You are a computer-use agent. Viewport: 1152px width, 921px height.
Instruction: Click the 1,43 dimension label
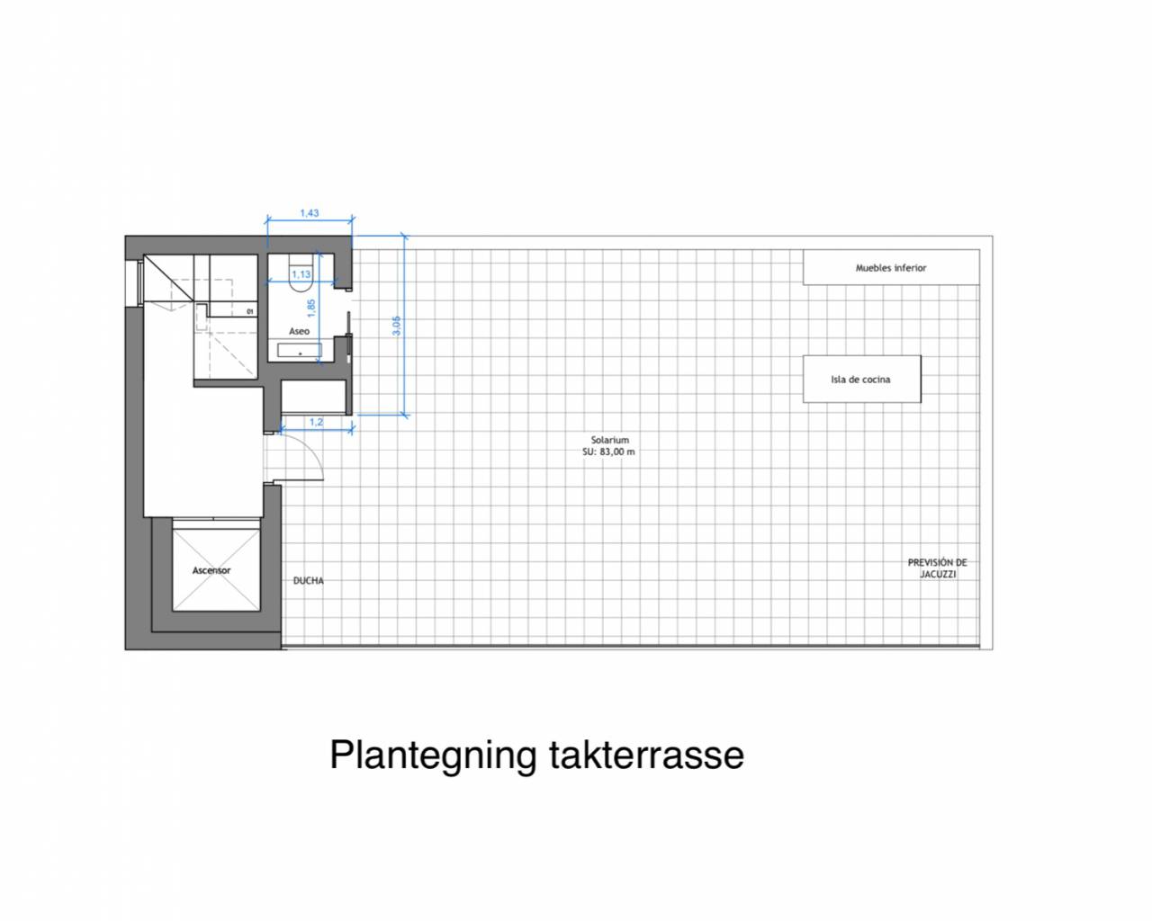tap(309, 213)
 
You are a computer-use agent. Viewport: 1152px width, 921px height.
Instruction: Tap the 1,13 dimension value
tap(301, 274)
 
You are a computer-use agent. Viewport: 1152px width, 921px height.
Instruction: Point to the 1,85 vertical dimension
tap(311, 308)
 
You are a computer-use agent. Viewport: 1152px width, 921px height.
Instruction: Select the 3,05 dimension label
tap(396, 326)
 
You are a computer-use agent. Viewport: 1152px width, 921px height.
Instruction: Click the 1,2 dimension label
tap(317, 422)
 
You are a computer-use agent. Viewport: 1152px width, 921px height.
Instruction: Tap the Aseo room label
tap(299, 331)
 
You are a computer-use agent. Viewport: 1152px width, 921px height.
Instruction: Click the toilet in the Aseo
tap(301, 274)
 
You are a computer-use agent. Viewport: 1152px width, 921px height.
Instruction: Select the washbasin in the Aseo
tap(300, 351)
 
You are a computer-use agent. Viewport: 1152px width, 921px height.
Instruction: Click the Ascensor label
tap(211, 570)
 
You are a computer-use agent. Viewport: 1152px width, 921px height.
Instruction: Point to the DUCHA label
tap(309, 581)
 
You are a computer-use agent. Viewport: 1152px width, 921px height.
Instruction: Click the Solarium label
tap(609, 440)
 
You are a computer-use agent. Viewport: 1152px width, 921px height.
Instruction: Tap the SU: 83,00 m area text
tap(608, 452)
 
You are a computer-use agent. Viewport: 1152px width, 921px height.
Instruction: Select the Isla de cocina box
tap(862, 379)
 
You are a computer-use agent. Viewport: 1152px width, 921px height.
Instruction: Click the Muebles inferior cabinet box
tap(891, 267)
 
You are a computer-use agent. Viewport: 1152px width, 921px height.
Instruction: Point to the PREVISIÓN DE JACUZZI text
tap(937, 568)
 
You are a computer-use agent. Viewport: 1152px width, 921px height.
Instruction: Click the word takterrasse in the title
tap(646, 755)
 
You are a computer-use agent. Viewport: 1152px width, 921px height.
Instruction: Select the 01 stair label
tap(250, 311)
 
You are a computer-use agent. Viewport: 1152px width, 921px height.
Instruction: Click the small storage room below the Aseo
tap(313, 397)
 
